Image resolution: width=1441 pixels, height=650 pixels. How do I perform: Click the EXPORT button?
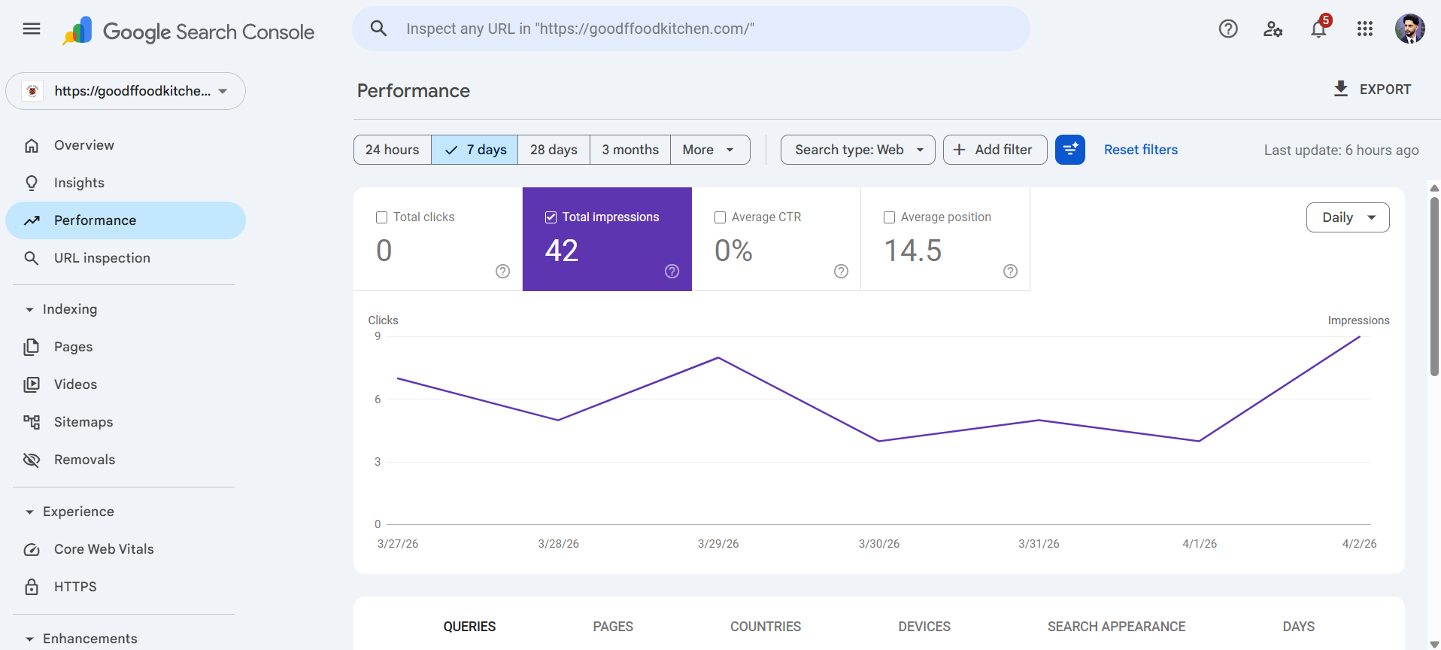1373,90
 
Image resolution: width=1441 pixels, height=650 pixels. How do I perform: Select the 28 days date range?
554,150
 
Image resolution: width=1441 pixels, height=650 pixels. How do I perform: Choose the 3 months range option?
630,150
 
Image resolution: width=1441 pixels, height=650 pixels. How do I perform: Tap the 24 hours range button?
392,150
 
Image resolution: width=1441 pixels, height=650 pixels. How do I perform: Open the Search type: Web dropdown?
857,150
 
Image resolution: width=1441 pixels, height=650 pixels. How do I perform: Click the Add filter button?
994,150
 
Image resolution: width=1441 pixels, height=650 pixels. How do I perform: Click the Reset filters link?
1140,150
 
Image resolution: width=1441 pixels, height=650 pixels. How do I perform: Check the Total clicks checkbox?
381,217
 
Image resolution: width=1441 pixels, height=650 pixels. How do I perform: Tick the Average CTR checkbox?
720,217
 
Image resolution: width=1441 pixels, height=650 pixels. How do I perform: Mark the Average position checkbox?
889,217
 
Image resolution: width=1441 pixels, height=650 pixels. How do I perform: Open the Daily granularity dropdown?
1347,217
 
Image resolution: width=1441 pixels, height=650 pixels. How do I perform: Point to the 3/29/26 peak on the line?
718,357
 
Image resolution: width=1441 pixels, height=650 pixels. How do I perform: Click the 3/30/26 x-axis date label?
878,544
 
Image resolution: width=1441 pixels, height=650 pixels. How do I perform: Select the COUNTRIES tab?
765,627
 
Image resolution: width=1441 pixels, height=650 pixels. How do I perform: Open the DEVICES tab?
924,627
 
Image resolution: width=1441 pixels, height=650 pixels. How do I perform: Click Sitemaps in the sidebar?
83,422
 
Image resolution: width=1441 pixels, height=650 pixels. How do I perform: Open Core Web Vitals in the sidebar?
103,549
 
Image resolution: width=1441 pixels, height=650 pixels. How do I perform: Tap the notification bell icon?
1318,29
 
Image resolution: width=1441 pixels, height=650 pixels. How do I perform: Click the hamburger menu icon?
32,29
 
